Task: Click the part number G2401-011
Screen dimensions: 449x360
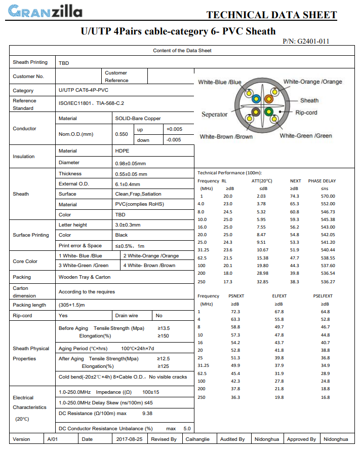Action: (x=313, y=41)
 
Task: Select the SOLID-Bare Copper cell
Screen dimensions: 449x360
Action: (x=138, y=119)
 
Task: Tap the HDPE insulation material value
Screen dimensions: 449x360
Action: (x=123, y=151)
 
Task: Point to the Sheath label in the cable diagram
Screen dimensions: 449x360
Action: (x=309, y=100)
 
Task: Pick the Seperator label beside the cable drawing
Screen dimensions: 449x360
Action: (x=215, y=115)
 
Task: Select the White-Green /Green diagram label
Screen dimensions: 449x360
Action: (x=306, y=136)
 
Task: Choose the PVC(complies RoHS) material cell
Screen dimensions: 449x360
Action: (x=140, y=204)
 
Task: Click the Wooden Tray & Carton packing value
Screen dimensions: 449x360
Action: (x=85, y=277)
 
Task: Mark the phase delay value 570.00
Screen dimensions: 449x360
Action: (x=328, y=196)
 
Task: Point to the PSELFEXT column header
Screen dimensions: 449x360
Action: (x=323, y=296)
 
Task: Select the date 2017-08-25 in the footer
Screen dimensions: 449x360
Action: (x=129, y=439)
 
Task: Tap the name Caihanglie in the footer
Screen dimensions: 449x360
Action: (x=198, y=439)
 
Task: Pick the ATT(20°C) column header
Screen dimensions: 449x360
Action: (x=262, y=181)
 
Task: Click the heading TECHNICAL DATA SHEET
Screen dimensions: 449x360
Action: (x=271, y=15)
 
